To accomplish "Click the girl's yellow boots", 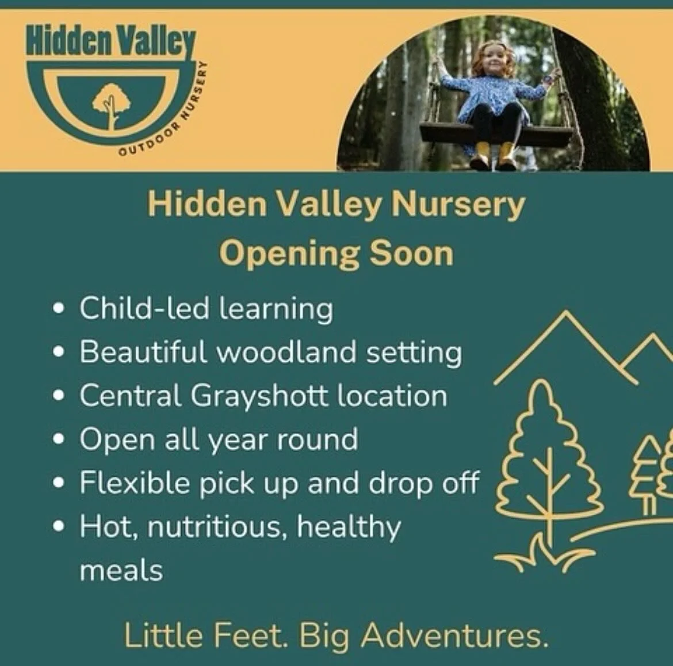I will pos(497,154).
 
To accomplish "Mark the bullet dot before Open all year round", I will pos(58,440).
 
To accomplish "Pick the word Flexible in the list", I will pos(135,483).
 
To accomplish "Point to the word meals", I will pos(121,571).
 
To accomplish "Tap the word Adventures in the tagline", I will pos(454,635).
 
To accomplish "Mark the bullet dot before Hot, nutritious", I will pos(58,527).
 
